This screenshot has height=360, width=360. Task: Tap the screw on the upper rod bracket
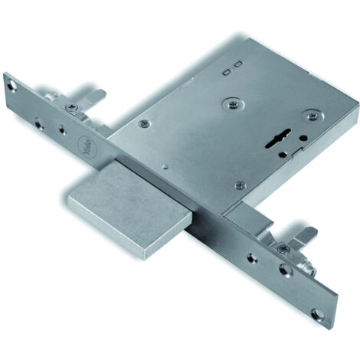pyautogui.click(x=71, y=107)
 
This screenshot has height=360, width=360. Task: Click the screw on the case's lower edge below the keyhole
pyautogui.click(x=239, y=185)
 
